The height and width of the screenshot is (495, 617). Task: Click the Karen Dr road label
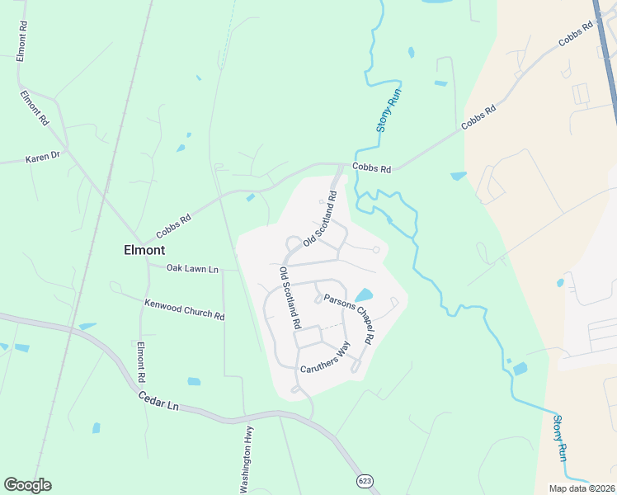(43, 156)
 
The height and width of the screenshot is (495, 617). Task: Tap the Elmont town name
(144, 249)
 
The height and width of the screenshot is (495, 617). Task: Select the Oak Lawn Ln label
(192, 269)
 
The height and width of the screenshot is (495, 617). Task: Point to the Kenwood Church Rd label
(184, 309)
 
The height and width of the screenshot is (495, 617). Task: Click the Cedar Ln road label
(158, 401)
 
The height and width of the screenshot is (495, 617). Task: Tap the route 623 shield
(365, 480)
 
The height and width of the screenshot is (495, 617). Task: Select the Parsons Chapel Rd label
(350, 318)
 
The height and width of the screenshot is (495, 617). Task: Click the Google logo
(27, 485)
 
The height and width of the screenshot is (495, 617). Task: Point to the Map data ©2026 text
(581, 488)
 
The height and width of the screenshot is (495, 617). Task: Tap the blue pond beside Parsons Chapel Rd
(363, 295)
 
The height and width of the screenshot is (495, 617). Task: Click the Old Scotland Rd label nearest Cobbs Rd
(321, 219)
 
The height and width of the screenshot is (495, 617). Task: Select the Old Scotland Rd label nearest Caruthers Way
(289, 299)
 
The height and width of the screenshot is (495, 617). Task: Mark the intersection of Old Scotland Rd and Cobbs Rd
(341, 164)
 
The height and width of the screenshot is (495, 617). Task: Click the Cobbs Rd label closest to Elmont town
(174, 224)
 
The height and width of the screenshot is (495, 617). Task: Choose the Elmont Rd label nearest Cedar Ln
(141, 361)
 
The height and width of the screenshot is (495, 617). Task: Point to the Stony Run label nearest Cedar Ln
(560, 437)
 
